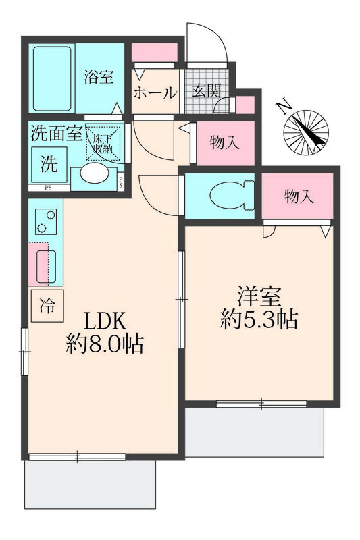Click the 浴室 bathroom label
coord(99,78)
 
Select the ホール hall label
coord(155,94)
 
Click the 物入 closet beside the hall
coord(224,143)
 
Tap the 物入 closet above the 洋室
coord(298,196)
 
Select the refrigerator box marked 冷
coord(47,306)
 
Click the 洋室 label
coord(259,296)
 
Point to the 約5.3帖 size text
coord(259,319)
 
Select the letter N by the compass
coord(284,106)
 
